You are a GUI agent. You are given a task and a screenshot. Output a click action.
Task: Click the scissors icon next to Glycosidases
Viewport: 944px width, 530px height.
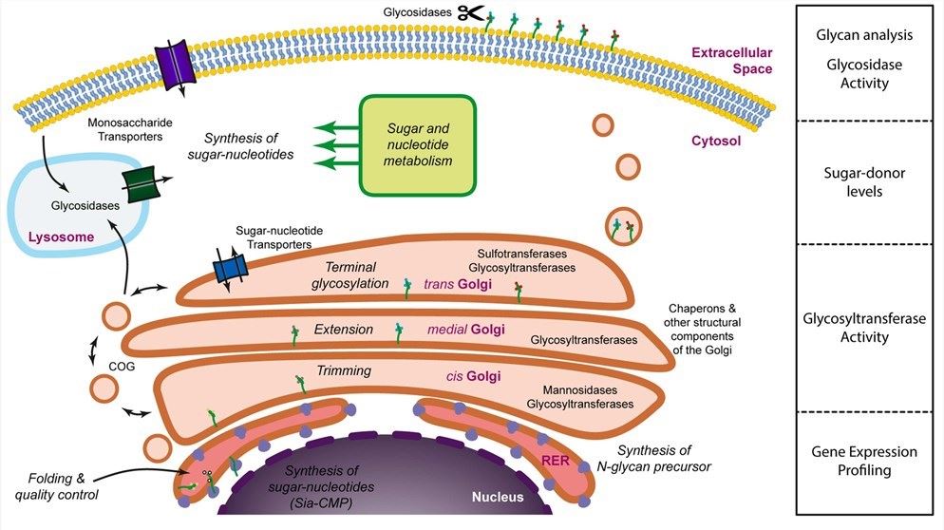[x=470, y=13]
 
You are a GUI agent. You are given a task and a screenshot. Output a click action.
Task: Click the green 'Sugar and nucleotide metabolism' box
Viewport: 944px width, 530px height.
[x=414, y=143]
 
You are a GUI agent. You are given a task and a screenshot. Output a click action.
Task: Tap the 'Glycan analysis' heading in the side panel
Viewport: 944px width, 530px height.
[x=864, y=35]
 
